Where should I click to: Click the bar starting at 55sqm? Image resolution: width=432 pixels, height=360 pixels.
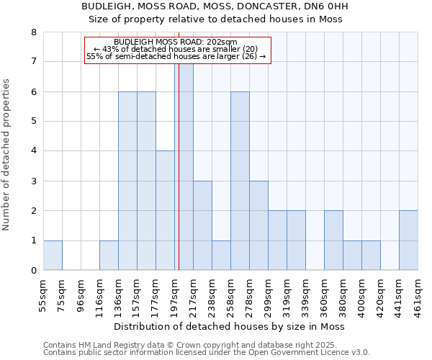(53, 256)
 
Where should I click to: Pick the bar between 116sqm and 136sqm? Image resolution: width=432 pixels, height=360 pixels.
(109, 256)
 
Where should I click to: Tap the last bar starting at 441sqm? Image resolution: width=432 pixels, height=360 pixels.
(408, 240)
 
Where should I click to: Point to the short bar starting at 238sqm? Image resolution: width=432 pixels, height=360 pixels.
(221, 256)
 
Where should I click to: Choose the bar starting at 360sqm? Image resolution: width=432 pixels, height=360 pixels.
(333, 240)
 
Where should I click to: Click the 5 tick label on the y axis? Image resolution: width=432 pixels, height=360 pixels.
(33, 122)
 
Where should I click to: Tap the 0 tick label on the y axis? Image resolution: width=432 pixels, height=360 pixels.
(33, 271)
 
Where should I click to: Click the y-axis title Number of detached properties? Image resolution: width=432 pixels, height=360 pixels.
(6, 155)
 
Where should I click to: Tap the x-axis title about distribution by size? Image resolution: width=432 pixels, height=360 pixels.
(230, 327)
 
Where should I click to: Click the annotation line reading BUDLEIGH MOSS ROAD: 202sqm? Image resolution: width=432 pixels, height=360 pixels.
(176, 42)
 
